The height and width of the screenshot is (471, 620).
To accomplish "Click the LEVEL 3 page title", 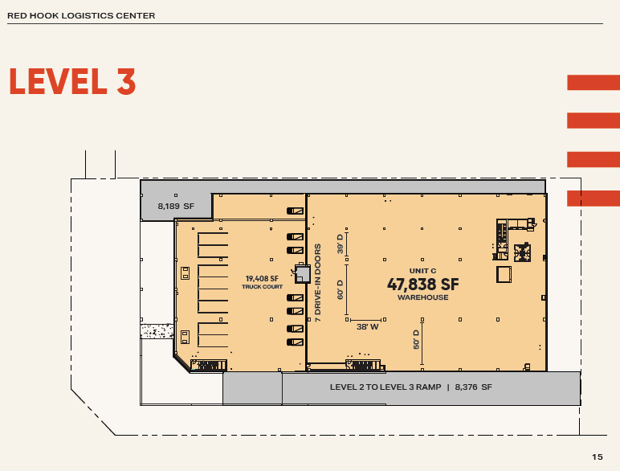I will (71, 82).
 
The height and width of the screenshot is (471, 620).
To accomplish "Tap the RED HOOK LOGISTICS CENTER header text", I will (81, 16).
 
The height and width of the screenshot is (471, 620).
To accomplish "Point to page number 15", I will (597, 457).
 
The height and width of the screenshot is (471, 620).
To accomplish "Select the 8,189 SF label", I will (176, 207).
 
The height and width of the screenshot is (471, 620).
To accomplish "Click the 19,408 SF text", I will (262, 279).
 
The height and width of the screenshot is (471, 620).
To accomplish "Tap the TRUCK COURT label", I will (262, 286).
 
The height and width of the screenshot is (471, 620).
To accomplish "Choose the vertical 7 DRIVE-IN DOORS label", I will (318, 282).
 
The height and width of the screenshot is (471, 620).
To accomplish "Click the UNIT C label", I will (422, 271).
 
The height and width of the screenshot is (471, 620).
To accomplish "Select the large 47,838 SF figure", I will (422, 284).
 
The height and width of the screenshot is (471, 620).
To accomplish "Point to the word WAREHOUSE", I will (422, 297).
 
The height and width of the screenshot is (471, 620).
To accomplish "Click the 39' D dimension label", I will (340, 244).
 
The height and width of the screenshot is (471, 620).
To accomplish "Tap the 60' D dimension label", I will (340, 289).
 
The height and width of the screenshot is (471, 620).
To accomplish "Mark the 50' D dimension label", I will (417, 338).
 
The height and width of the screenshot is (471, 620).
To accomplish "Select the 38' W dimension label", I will (367, 327).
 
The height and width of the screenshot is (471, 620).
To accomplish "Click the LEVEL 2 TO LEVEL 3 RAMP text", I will (385, 387).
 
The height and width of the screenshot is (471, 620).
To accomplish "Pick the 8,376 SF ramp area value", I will (473, 387).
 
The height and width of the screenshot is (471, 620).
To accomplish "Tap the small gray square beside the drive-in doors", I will (303, 274).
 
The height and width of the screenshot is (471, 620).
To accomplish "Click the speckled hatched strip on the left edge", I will (157, 331).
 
